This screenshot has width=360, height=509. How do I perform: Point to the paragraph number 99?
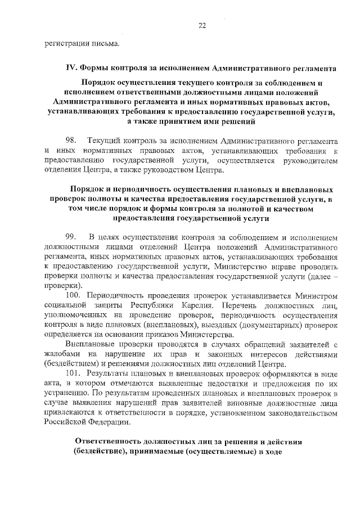click(x=71, y=237)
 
